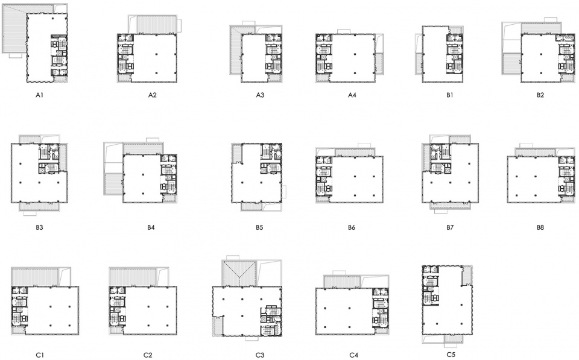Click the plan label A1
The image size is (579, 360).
coord(40,95)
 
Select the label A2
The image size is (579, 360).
coord(152,95)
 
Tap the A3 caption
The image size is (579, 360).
coord(260,95)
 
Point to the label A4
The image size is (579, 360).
coord(352,95)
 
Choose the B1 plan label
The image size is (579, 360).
coord(449,95)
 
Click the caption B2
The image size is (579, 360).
coord(540,95)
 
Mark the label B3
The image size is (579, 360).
coord(40,227)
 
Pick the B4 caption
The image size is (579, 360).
coord(151,227)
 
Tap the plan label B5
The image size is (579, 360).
coord(259,227)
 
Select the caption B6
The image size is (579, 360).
coord(351,227)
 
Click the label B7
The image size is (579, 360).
coord(449,227)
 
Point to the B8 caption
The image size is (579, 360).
coord(540,227)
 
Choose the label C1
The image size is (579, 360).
coord(40,355)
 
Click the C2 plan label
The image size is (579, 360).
coord(148,355)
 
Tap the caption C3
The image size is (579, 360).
coord(260,355)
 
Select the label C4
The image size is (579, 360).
coord(353,355)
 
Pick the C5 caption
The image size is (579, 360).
coord(451,354)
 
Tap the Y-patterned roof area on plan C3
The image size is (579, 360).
coord(239,273)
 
